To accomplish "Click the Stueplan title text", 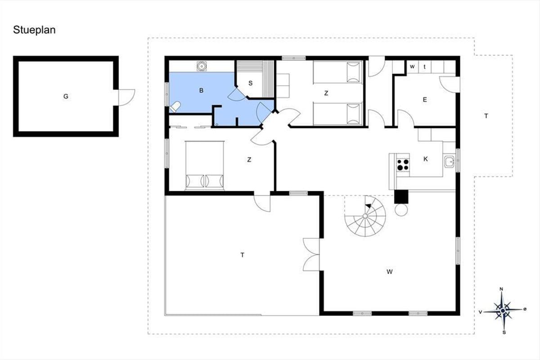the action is [x=34, y=30].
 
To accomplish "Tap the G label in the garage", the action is [x=66, y=96].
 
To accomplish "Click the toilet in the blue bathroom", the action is [x=175, y=107].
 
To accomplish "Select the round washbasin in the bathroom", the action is [x=201, y=66].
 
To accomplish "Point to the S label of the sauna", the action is [x=251, y=83].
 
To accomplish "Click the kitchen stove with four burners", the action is [x=403, y=165].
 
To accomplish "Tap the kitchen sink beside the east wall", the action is [x=449, y=162].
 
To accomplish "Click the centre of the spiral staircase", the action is [x=365, y=216].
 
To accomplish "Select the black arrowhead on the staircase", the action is [x=369, y=206].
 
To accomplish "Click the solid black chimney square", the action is [x=401, y=197].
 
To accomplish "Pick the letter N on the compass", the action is [x=501, y=289].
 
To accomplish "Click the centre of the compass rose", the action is [x=503, y=310].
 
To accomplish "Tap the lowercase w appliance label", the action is [x=412, y=66].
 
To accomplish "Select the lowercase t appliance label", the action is [x=424, y=67].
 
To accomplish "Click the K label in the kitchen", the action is [x=426, y=159].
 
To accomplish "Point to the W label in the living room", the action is [x=389, y=272].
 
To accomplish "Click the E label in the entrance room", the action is [x=425, y=99].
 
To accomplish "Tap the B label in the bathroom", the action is [x=201, y=90].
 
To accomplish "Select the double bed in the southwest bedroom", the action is [x=205, y=166].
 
